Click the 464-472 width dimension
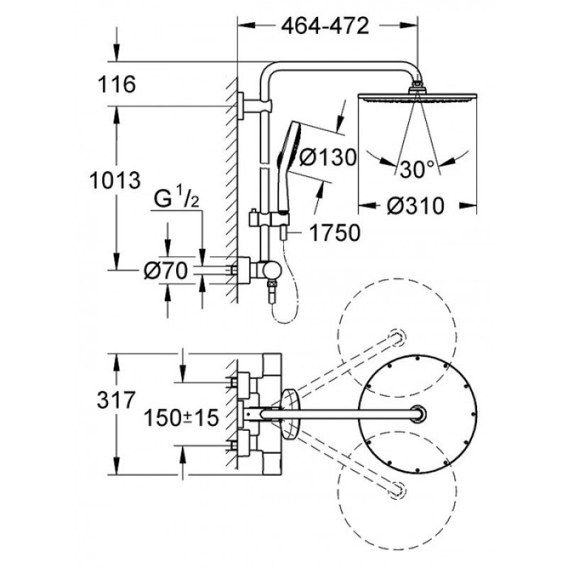[x=325, y=26]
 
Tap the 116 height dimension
[x=116, y=84]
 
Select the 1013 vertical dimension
[x=115, y=180]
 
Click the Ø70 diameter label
[x=165, y=271]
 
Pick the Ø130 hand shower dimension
[x=328, y=158]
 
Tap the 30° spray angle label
[x=417, y=169]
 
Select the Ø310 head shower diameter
[x=415, y=205]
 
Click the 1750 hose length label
[x=334, y=232]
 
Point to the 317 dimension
[x=116, y=400]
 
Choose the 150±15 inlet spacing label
[x=181, y=417]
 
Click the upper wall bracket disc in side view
[x=241, y=106]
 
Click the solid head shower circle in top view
[x=417, y=414]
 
